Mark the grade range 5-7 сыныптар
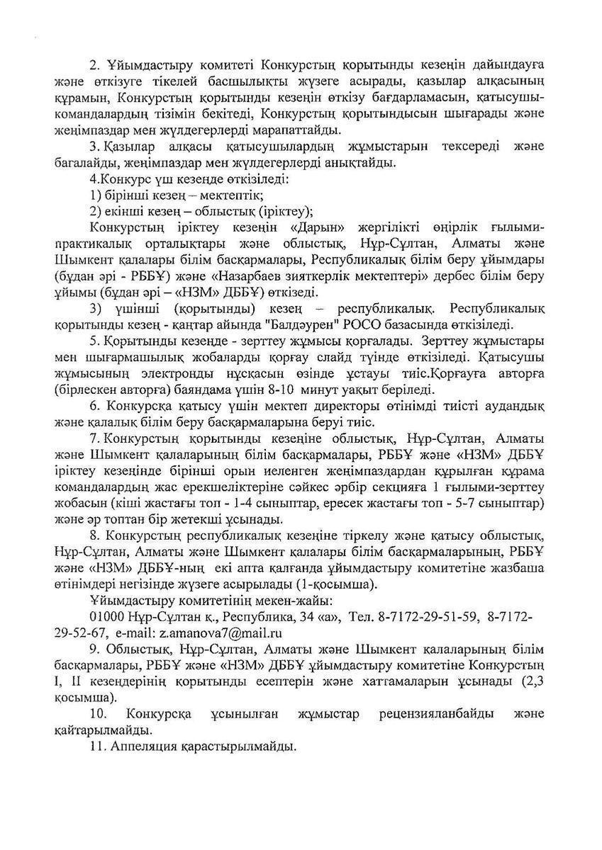click(507, 504)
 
